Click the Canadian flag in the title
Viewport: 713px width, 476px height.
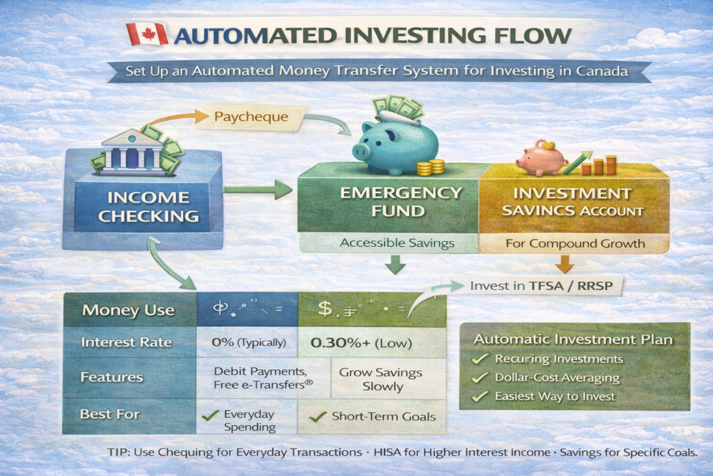coord(147,34)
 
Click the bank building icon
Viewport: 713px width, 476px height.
coord(132,149)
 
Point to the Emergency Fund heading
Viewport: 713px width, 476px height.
coord(390,201)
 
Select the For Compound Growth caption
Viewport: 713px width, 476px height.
coord(574,244)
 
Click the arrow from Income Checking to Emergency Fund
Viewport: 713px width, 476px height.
coord(258,187)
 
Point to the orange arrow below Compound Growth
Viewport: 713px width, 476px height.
coord(564,263)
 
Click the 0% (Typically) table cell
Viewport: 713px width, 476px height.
coord(247,343)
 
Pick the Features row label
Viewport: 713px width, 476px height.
coord(113,377)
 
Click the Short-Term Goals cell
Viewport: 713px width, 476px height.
coord(374,417)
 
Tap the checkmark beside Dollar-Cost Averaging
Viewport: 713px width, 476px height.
coord(478,377)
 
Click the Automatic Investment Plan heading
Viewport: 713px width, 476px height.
coord(574,340)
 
